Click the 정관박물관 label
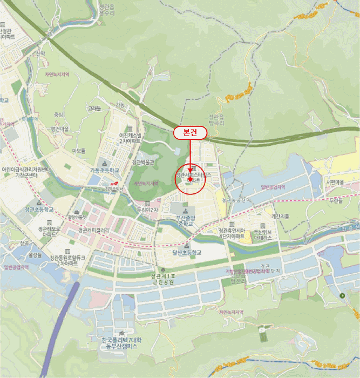(143, 162)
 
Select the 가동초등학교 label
(104, 170)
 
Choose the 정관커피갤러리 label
(94, 230)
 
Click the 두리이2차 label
(146, 209)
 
